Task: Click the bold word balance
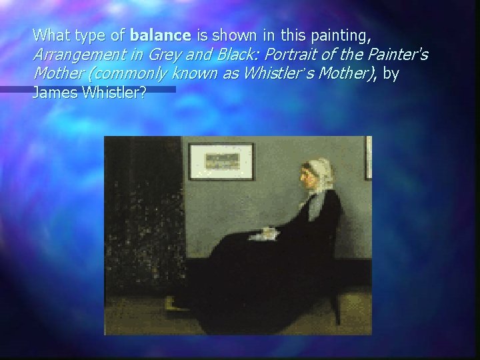point(161,33)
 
